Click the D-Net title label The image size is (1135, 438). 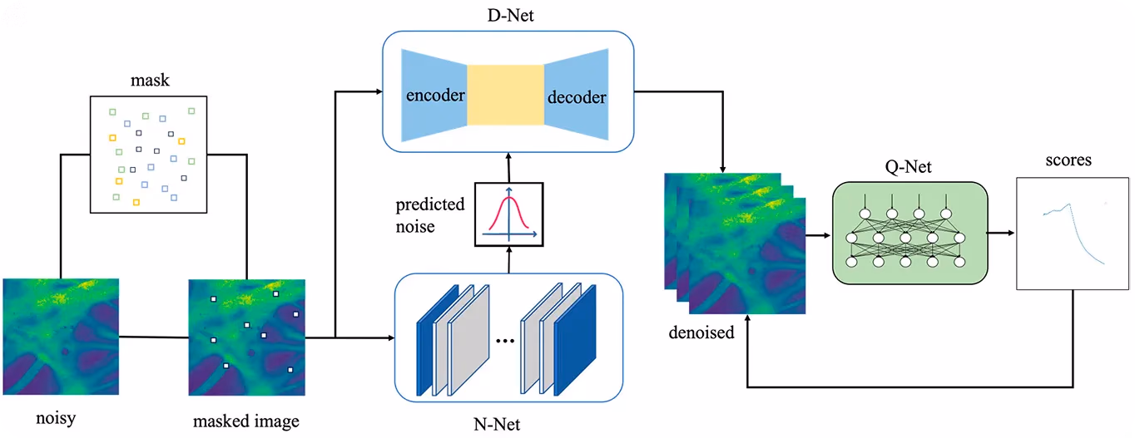(x=510, y=15)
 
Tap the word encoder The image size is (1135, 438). (x=435, y=96)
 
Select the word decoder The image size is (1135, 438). (x=577, y=96)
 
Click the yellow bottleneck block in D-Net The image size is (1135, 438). (x=505, y=95)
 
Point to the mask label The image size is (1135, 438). (x=150, y=80)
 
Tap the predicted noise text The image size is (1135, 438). (x=429, y=215)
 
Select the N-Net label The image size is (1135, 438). (x=497, y=425)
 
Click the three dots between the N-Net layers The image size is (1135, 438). (x=505, y=341)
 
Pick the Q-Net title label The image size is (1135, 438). (x=908, y=166)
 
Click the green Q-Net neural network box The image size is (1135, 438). (x=910, y=233)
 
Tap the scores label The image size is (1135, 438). (x=1068, y=160)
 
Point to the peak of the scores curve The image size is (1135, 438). (x=1069, y=204)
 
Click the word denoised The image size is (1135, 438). (x=701, y=332)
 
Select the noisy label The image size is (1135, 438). (x=56, y=418)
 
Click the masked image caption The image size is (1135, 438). (x=245, y=421)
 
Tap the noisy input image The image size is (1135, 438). (x=61, y=337)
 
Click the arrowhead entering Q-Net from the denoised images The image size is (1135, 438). (x=827, y=235)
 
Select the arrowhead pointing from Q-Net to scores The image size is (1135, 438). (x=1011, y=233)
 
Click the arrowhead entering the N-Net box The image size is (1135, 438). (x=391, y=337)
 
